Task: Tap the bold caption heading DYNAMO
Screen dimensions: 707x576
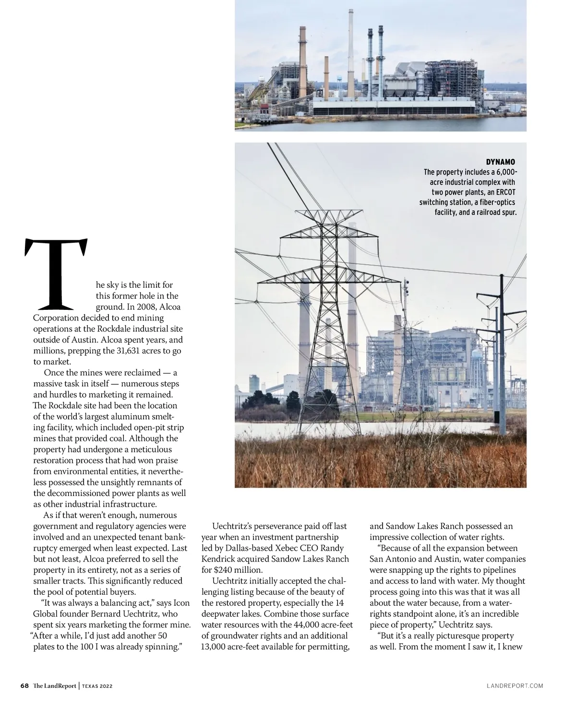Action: point(501,162)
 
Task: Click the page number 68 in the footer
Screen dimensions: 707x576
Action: point(24,686)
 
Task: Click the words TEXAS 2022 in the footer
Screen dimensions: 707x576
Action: point(97,686)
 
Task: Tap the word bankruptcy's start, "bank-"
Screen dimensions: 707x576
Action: point(175,537)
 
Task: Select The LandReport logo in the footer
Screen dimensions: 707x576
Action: point(54,686)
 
